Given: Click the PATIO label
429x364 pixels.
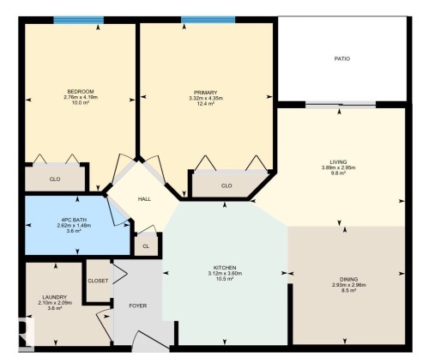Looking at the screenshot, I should (341, 59).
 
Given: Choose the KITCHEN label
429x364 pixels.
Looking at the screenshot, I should (226, 268).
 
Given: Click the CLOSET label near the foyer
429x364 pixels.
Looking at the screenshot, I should (98, 281).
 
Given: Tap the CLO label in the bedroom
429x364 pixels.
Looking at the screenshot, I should (54, 179).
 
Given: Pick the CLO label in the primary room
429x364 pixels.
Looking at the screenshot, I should (227, 185).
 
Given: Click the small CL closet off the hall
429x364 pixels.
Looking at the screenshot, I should (146, 246).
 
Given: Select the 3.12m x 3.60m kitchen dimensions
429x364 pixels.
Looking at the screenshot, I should (226, 274).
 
